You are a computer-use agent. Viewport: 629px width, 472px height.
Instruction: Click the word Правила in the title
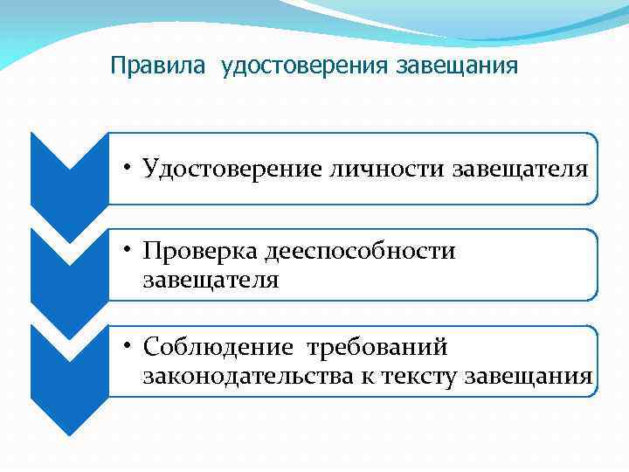[148, 66]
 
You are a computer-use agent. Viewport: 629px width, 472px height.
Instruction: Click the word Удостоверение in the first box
[233, 168]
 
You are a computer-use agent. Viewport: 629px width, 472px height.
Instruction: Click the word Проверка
[203, 252]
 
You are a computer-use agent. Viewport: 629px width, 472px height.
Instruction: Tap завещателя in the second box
[211, 280]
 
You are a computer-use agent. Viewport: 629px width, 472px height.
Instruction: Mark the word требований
[377, 348]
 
